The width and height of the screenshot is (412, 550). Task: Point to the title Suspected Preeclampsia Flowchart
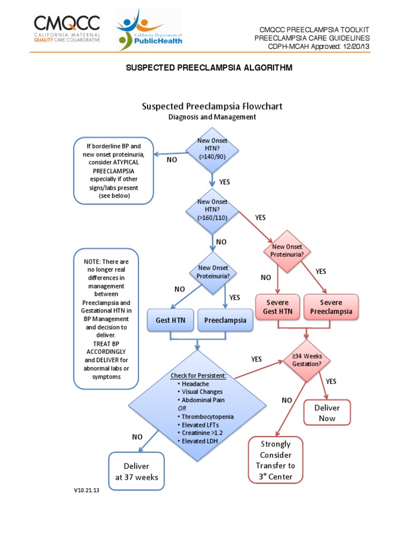[212, 106]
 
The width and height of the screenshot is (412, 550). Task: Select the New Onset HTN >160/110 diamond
[212, 211]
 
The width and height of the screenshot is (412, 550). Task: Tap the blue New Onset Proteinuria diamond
[213, 272]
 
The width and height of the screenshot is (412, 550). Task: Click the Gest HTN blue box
[170, 320]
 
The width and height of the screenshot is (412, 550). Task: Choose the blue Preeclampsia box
[225, 320]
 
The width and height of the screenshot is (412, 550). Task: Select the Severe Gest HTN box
[278, 307]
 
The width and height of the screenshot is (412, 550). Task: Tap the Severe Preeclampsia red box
[331, 307]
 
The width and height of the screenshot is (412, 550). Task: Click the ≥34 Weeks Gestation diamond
[307, 359]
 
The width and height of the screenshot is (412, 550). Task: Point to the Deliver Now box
[327, 413]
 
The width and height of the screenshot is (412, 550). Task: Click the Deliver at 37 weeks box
[136, 471]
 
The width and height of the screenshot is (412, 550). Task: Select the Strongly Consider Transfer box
[275, 460]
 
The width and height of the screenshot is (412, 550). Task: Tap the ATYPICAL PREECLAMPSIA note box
[114, 171]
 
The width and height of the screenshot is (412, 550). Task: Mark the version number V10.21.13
[87, 490]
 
